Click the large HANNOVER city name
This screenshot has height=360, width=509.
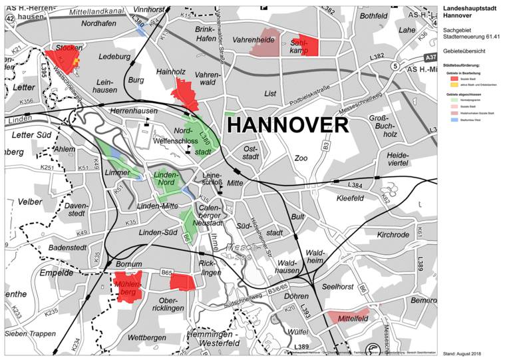(x=287, y=125)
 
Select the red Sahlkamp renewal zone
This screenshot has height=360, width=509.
(x=309, y=45)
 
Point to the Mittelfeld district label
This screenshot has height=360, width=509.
(x=353, y=319)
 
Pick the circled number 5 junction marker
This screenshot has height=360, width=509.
(x=395, y=66)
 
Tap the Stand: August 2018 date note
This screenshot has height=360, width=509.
(x=460, y=353)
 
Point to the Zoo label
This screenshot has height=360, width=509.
(x=301, y=158)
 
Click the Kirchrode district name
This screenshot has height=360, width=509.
(x=393, y=235)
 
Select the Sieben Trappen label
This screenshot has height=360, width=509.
(x=30, y=333)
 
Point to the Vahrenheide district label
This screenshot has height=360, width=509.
(x=254, y=41)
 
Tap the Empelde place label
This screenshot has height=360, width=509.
(x=56, y=273)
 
